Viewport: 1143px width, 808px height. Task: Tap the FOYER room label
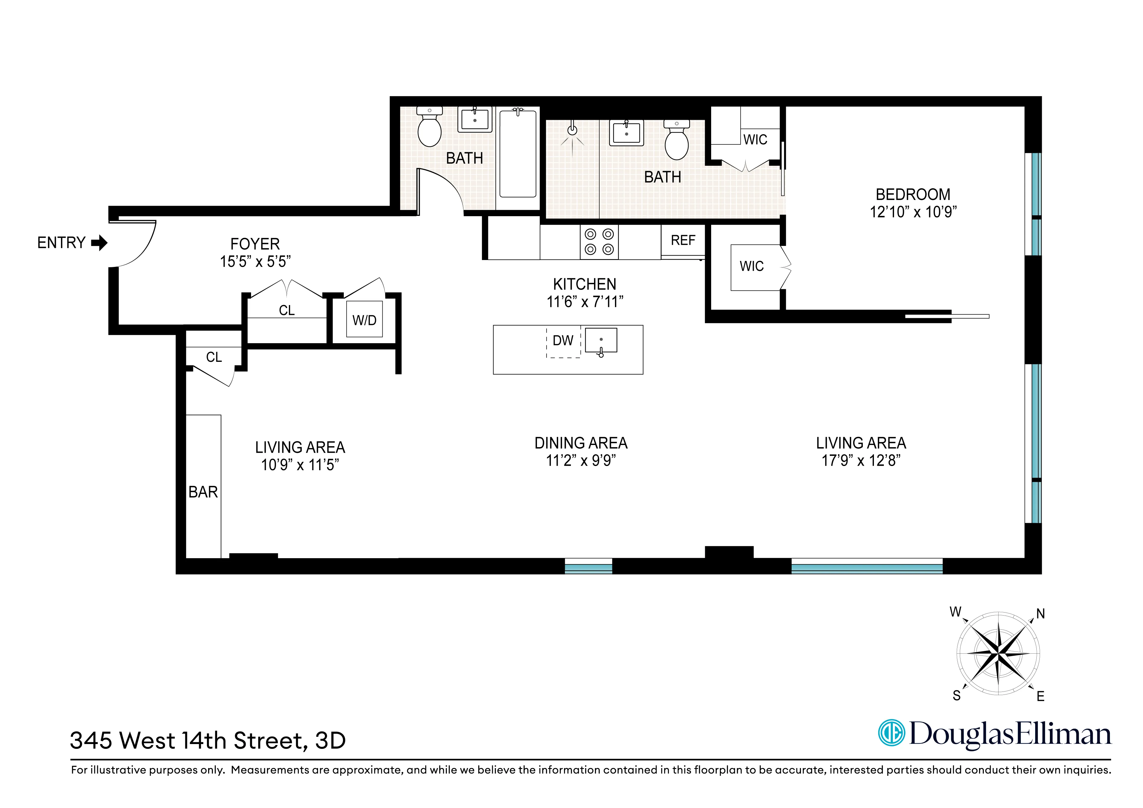[x=255, y=244]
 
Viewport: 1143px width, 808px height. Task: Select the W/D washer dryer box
[x=364, y=319]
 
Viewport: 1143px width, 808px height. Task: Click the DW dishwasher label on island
[x=563, y=340]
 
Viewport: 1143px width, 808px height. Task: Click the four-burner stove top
[x=599, y=242]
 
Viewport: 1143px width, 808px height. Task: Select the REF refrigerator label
[x=683, y=241]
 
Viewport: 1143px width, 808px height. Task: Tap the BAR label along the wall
[x=203, y=492]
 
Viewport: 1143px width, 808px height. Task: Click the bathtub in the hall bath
[x=518, y=154]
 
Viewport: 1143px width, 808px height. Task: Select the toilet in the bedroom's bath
[x=677, y=141]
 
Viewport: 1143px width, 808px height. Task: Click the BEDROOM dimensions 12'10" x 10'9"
[x=913, y=212]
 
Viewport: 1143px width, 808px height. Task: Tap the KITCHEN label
[x=584, y=284]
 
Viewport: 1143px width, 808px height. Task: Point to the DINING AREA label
[x=581, y=443]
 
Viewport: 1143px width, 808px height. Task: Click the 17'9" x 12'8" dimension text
[x=861, y=461]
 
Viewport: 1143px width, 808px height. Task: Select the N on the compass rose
[x=1040, y=614]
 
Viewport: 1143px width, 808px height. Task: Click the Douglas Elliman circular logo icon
[x=891, y=733]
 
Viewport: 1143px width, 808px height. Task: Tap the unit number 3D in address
[x=331, y=741]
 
